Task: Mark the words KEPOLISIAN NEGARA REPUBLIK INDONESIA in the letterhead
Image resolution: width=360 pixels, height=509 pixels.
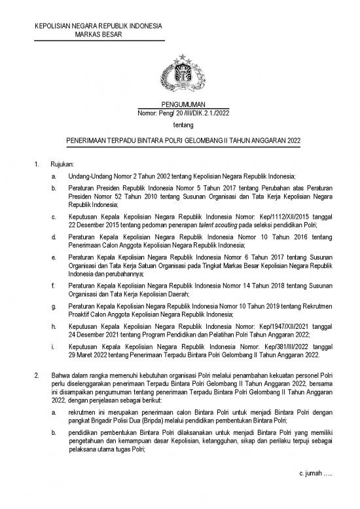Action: (x=99, y=26)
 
